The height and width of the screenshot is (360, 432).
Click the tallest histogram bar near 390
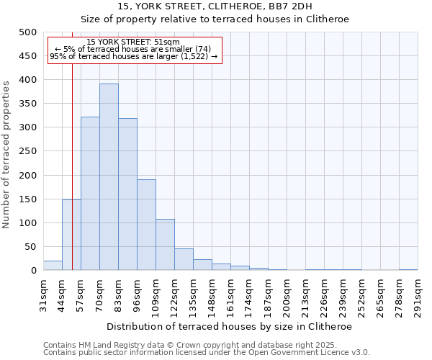(x=109, y=177)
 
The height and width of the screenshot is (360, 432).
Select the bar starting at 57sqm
(x=90, y=194)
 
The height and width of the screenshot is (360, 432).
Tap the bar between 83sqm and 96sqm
(x=127, y=194)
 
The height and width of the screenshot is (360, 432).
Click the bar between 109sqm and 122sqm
(x=165, y=245)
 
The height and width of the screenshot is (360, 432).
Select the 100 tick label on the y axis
(x=27, y=223)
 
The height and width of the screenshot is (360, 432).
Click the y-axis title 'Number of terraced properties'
(x=7, y=154)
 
